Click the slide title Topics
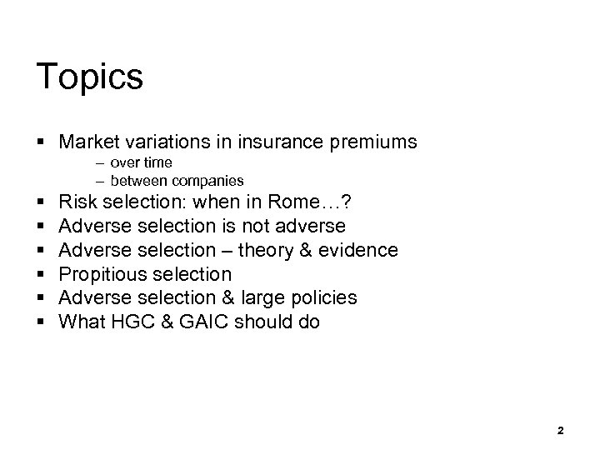(x=90, y=77)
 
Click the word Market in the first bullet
(x=89, y=142)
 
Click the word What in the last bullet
(x=82, y=322)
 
